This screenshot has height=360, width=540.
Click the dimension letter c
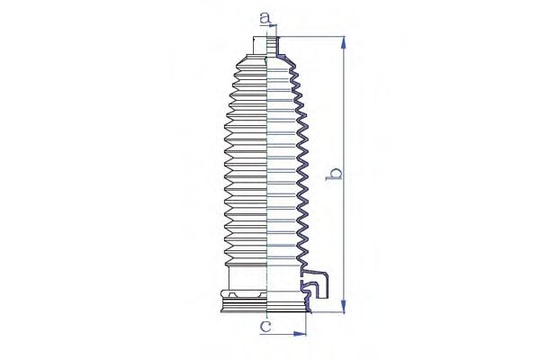(265, 326)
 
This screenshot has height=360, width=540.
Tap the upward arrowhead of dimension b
(342, 41)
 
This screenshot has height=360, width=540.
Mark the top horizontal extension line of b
(310, 37)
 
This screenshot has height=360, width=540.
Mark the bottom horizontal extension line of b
(324, 313)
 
